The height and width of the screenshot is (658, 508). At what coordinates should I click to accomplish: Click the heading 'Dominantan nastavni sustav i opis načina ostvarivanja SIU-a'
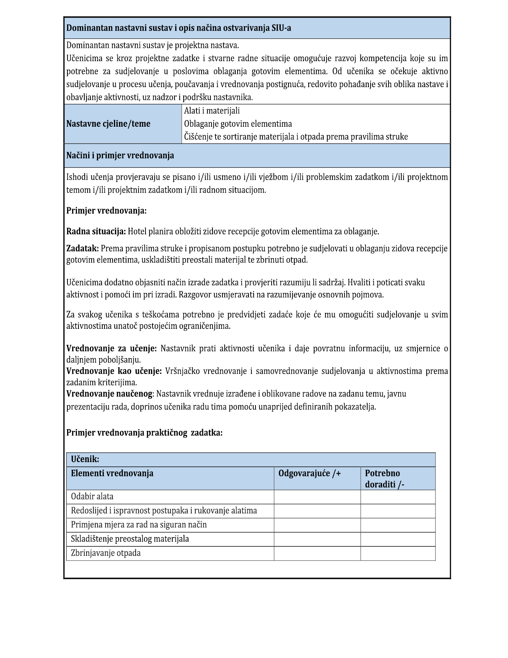178,28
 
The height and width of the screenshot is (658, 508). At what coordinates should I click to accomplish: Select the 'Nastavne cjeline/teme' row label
108,124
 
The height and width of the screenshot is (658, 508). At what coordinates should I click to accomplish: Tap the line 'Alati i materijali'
212,111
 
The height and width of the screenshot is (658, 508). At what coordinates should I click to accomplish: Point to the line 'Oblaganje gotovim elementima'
238,124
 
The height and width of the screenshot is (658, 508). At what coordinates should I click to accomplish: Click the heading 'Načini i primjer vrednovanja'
120,156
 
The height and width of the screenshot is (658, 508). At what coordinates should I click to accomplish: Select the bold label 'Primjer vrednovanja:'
106,211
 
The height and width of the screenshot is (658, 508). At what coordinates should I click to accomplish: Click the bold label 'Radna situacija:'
96,231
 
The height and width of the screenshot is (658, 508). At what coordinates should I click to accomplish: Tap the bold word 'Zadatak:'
82,249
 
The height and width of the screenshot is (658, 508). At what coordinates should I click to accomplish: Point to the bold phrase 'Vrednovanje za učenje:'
111,348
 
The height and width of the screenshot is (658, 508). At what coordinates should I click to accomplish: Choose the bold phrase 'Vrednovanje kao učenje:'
114,371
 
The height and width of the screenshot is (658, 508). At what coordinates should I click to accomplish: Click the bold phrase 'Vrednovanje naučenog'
109,394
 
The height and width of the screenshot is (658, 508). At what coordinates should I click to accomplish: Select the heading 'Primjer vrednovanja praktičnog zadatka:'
144,433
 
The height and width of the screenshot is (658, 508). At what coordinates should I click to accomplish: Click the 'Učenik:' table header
85,459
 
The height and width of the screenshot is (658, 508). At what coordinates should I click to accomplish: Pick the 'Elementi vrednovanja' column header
112,473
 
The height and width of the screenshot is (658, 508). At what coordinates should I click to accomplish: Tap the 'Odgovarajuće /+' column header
309,473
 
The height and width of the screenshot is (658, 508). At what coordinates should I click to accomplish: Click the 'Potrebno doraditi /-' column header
384,479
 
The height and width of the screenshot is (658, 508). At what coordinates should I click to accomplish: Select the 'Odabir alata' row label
92,497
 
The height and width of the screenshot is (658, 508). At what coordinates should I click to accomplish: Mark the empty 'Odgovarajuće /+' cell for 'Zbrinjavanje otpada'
317,553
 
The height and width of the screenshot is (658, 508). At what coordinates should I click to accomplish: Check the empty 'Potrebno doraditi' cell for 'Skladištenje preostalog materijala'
398,539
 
